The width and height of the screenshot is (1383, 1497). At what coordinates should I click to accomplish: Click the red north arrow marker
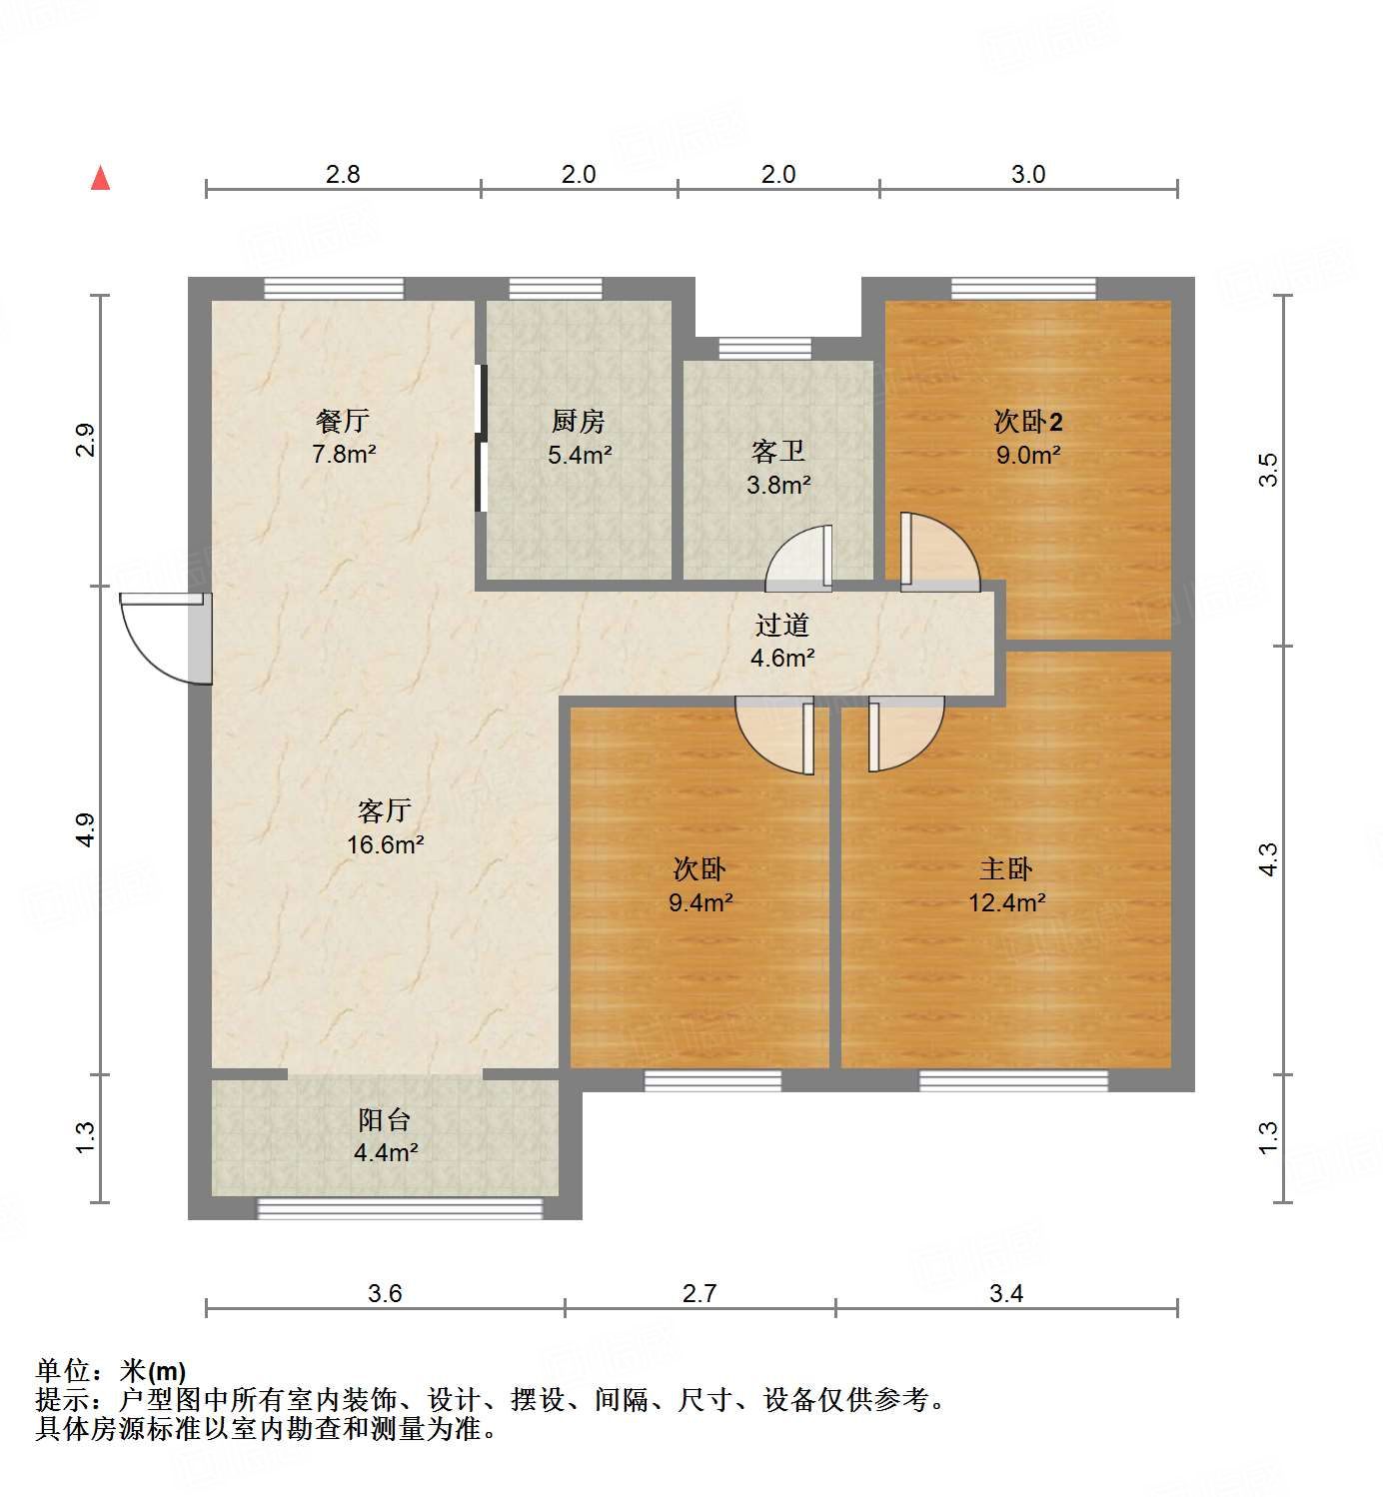[x=100, y=178]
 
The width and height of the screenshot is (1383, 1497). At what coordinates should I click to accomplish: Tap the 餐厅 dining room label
[x=343, y=422]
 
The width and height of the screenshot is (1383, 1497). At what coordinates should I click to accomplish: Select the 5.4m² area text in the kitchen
[x=580, y=455]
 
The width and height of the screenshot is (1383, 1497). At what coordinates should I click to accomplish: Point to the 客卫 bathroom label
[x=778, y=452]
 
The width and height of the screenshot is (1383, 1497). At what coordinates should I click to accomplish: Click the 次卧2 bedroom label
[x=1027, y=422]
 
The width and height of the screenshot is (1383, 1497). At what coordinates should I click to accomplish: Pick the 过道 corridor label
[x=781, y=626]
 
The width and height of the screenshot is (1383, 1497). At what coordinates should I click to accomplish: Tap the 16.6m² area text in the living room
[x=386, y=844]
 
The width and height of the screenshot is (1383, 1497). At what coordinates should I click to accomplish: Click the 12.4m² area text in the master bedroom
[x=1006, y=903]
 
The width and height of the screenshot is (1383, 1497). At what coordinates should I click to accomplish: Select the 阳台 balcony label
[x=385, y=1120]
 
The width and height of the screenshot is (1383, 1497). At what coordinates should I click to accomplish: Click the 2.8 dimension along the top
[x=343, y=174]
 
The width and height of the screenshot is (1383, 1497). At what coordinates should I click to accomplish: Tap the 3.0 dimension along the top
[x=1027, y=174]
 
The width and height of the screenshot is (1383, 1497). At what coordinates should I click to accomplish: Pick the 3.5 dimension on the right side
[x=1267, y=470]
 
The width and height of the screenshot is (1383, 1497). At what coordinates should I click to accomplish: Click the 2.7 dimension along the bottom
[x=699, y=1293]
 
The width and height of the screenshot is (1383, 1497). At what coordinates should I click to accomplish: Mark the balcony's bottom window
[x=400, y=1209]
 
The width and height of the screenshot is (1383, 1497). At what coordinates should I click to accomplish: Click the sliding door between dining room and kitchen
[x=481, y=440]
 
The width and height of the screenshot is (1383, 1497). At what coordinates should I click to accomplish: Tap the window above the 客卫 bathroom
[x=765, y=349]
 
